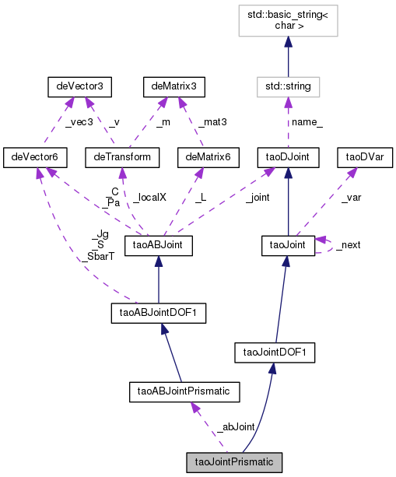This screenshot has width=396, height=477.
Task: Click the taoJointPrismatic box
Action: tap(233, 461)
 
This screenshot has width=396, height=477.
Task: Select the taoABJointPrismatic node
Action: tap(184, 390)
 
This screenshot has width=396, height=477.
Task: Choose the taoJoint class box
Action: tap(287, 245)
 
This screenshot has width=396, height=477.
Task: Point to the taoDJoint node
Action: tap(287, 157)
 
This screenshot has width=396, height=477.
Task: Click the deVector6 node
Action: tap(35, 157)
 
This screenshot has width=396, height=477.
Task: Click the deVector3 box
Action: tap(75, 86)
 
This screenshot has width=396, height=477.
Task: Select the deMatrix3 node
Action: tap(173, 86)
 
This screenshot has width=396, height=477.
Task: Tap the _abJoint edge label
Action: tap(237, 426)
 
